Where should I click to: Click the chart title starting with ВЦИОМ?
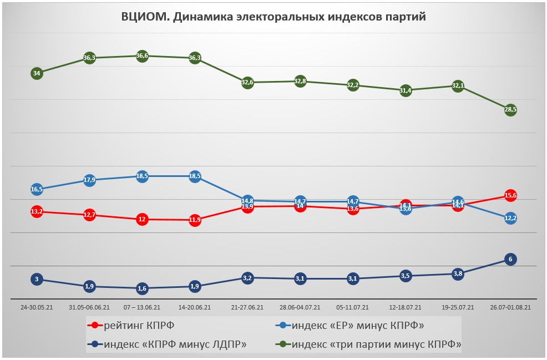click(x=273, y=17)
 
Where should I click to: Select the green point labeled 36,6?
click(x=142, y=56)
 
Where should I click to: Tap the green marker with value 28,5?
click(x=510, y=110)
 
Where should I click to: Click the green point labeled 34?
click(x=37, y=73)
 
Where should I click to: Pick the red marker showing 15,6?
click(x=510, y=195)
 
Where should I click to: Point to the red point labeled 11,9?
click(x=195, y=220)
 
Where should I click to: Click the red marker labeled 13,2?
click(x=37, y=211)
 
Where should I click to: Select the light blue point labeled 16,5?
click(x=37, y=189)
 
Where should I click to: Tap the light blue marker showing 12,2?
click(x=510, y=219)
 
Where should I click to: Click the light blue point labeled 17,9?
click(x=89, y=180)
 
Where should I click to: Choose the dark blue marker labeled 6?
click(x=510, y=259)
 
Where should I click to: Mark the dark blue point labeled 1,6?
click(x=142, y=288)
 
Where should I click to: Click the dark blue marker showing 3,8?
click(x=458, y=273)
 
